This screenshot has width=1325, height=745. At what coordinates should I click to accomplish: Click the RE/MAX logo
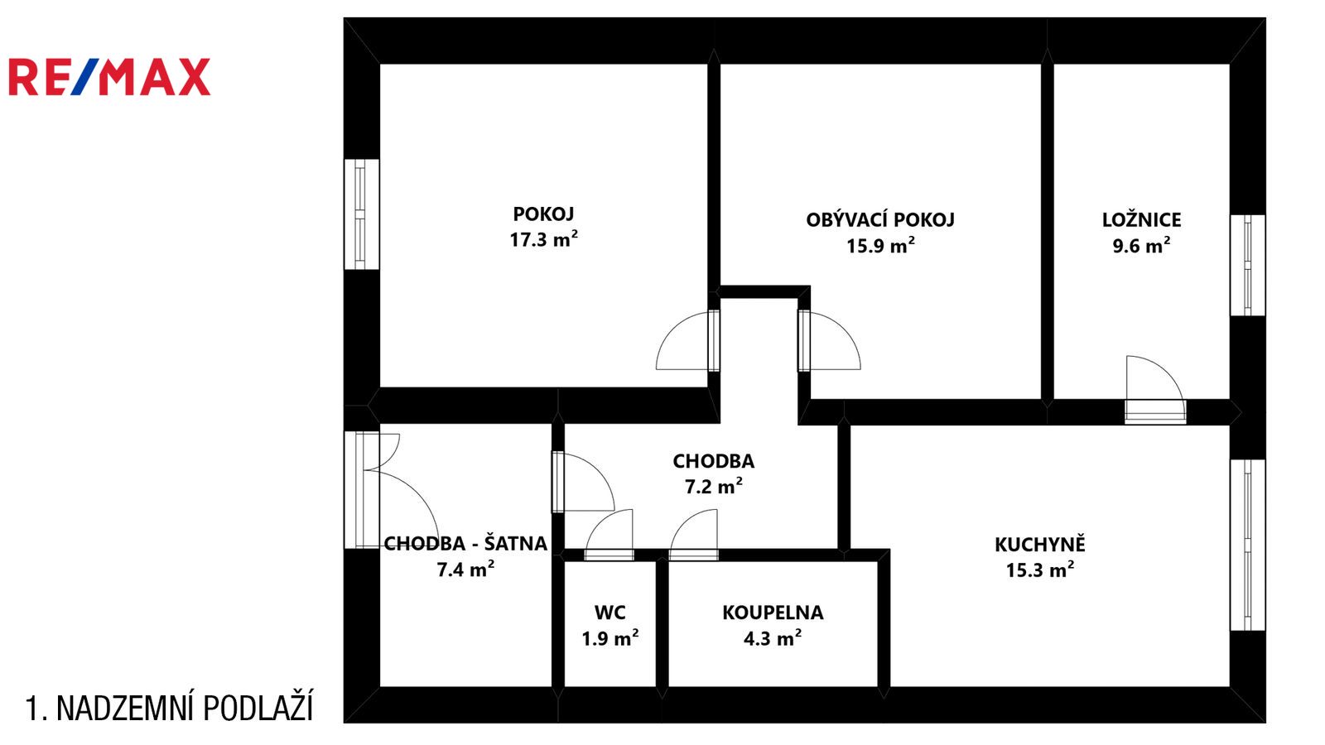point(109,77)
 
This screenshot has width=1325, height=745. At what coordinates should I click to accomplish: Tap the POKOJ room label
point(543,214)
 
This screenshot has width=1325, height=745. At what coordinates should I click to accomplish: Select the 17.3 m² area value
point(543,239)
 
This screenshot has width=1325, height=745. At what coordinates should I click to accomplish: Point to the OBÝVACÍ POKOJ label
point(880,219)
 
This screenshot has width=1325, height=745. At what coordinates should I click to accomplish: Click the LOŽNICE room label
point(1142,220)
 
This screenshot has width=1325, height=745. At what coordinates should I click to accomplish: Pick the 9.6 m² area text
point(1142,245)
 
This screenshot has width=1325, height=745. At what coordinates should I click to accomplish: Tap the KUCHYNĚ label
point(1040,545)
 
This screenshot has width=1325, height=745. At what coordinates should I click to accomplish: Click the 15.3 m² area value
point(1040,570)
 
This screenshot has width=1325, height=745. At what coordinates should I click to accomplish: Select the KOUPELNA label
point(773,613)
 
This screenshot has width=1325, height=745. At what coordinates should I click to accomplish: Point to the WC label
point(609,613)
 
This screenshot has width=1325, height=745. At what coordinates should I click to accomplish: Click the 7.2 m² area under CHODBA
point(713,486)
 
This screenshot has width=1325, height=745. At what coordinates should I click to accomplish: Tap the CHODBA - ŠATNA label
point(465,543)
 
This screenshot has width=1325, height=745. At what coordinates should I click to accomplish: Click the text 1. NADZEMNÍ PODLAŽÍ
point(169,708)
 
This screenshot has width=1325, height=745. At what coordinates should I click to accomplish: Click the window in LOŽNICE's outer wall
point(1247,265)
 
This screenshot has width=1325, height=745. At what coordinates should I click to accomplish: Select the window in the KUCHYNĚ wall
point(1247,546)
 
